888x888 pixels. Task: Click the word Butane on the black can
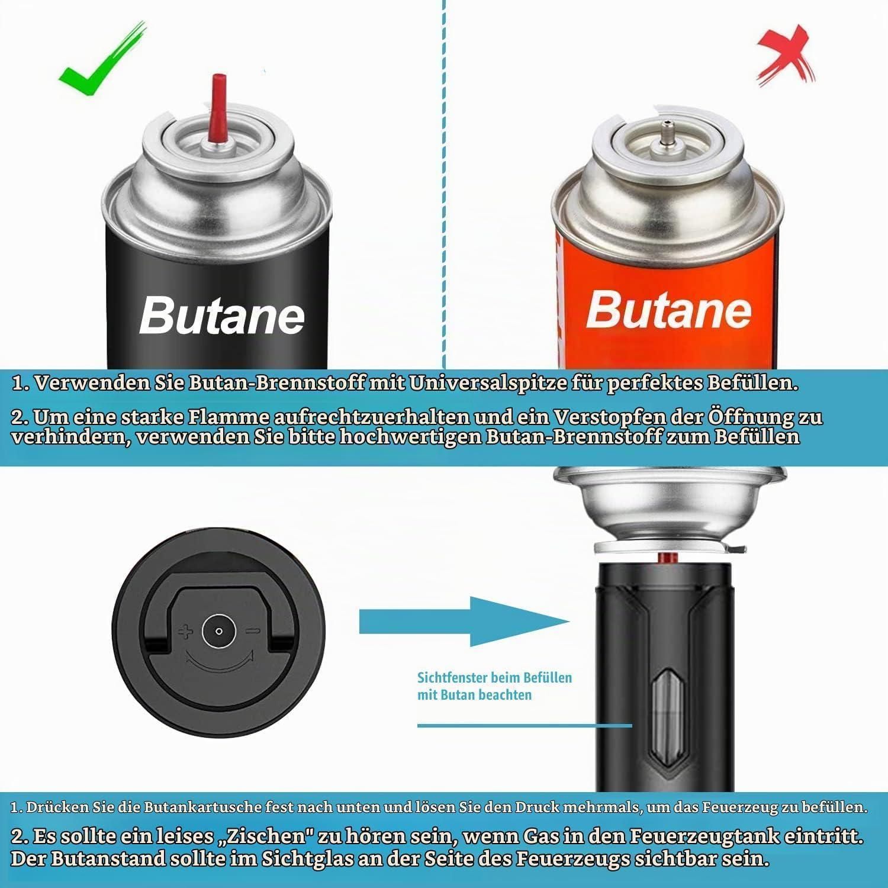point(221,316)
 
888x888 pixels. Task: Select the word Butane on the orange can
point(668,309)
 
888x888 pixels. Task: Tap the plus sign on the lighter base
point(186,632)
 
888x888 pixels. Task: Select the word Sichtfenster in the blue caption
point(453,677)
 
